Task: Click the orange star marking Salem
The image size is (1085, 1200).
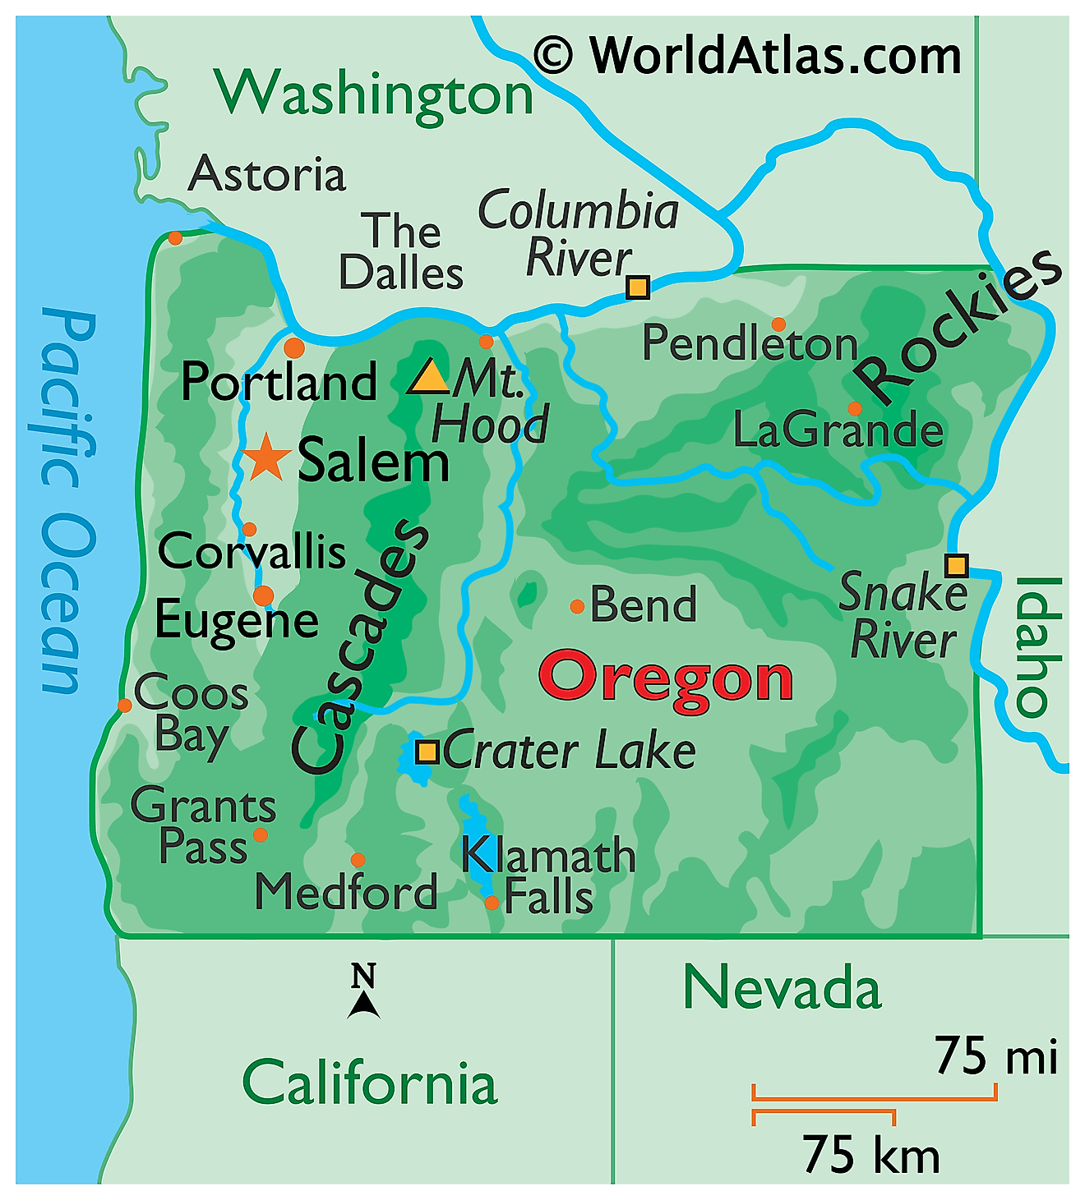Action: (266, 458)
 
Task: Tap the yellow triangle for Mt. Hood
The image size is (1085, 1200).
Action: (428, 378)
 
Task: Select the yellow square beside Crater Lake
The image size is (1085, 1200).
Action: (427, 752)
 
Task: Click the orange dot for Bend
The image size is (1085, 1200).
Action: (577, 606)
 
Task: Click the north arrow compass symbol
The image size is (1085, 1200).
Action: (363, 992)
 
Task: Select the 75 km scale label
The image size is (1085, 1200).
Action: (870, 1155)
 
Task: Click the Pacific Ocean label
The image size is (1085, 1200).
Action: (67, 501)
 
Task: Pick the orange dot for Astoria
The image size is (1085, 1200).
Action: (175, 238)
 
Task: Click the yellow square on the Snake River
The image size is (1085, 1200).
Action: (956, 566)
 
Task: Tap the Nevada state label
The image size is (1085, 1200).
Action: (782, 988)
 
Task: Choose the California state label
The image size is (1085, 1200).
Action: (370, 1083)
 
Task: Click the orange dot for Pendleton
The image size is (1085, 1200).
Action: (778, 324)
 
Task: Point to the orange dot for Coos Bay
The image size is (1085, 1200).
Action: (125, 705)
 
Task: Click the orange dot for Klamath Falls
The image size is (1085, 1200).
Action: (492, 903)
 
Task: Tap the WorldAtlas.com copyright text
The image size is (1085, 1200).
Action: (748, 56)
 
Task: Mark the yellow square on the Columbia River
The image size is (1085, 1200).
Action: (638, 287)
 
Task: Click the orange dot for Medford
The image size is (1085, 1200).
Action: (358, 860)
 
